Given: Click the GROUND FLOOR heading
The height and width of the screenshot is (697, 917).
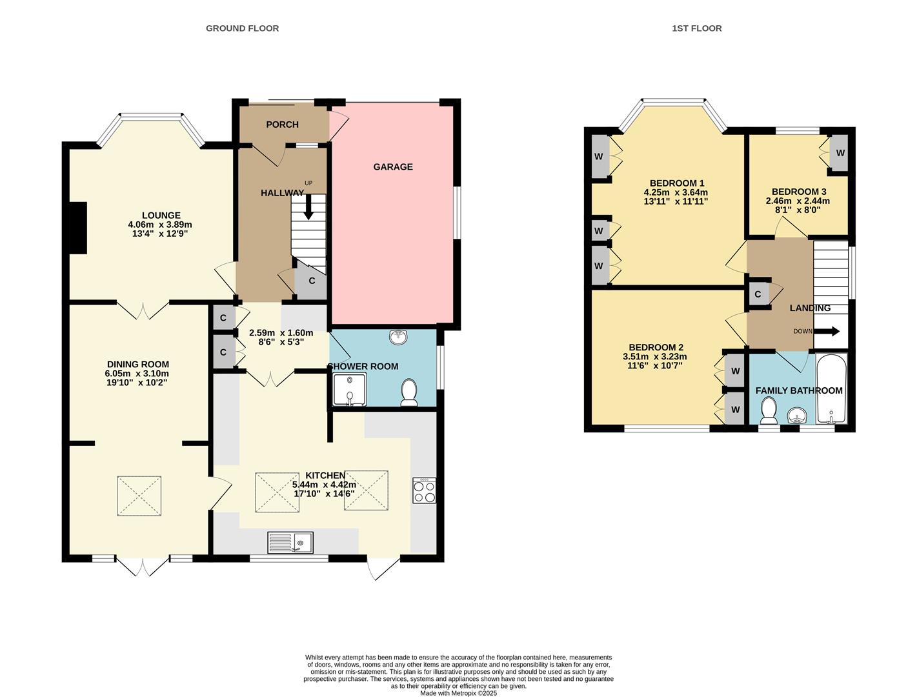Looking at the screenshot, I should click(x=242, y=28).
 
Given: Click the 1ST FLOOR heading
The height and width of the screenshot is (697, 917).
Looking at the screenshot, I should click(x=696, y=28).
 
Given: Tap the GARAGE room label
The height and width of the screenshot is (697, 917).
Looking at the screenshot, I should click(x=392, y=167).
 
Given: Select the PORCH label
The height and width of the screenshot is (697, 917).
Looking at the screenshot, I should click(x=282, y=125).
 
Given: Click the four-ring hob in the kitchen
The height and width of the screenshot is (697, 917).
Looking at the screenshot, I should click(x=424, y=490).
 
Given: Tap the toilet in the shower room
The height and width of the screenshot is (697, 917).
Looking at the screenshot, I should click(x=408, y=393).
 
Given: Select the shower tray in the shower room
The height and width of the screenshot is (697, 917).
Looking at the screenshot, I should click(x=349, y=390).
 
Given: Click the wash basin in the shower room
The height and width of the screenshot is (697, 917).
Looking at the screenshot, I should click(x=399, y=337).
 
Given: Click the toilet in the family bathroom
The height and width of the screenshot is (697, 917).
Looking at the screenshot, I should click(x=768, y=410).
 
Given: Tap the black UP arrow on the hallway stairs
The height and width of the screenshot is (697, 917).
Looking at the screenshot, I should click(x=308, y=207).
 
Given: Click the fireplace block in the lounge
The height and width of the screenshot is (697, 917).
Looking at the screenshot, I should click(x=78, y=228).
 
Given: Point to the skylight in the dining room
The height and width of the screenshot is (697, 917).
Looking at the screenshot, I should click(x=139, y=496).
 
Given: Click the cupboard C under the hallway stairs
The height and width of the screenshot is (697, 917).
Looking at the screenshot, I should click(x=311, y=281).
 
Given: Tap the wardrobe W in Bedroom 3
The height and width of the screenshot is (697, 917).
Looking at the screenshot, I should click(x=839, y=153).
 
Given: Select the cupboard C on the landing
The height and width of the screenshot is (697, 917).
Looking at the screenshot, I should click(x=758, y=294).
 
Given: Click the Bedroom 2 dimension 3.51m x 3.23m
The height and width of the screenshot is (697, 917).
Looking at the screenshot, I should click(x=654, y=356).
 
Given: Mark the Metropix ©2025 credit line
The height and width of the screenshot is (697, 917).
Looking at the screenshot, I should click(x=458, y=693).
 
